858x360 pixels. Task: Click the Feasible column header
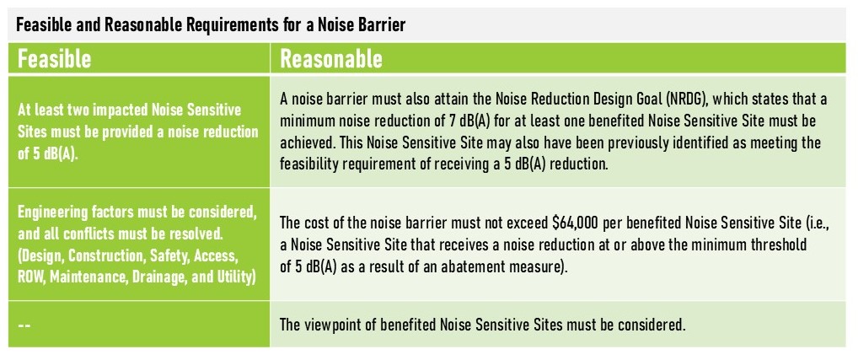54,58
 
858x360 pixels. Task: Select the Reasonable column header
331,58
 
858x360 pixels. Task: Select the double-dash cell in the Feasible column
24,325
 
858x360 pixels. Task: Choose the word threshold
780,245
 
